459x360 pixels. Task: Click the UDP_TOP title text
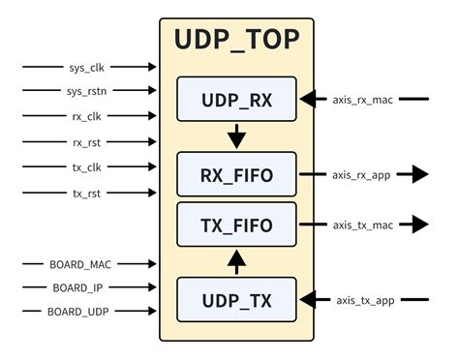coord(236,40)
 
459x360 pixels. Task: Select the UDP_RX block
coord(236,99)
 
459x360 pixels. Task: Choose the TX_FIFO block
coord(236,225)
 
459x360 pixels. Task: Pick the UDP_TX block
coord(236,300)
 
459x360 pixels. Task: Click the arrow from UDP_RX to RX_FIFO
coord(236,135)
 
